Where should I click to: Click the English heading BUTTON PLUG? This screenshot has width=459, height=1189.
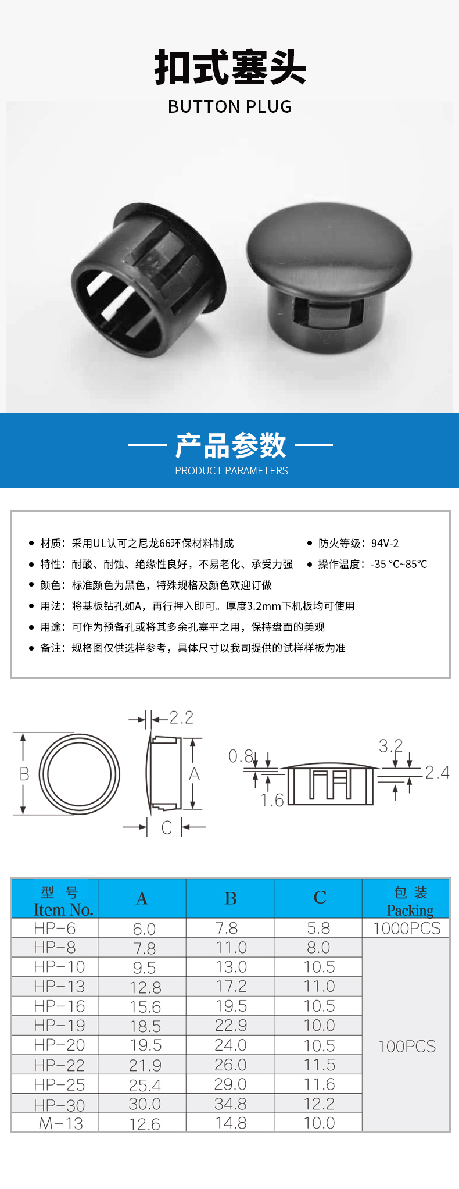pyautogui.click(x=229, y=106)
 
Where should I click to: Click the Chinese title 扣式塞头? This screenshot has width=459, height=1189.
pyautogui.click(x=230, y=67)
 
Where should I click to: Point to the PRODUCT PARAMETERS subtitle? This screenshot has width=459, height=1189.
pyautogui.click(x=231, y=470)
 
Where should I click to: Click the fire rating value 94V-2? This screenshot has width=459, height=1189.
pyautogui.click(x=385, y=543)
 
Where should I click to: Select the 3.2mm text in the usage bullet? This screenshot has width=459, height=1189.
pyautogui.click(x=264, y=606)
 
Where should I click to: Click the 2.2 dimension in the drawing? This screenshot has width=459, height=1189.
pyautogui.click(x=181, y=717)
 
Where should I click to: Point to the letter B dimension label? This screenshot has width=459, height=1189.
pyautogui.click(x=24, y=774)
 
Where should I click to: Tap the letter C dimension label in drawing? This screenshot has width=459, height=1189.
pyautogui.click(x=167, y=827)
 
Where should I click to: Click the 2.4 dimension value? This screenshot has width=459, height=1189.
pyautogui.click(x=437, y=772)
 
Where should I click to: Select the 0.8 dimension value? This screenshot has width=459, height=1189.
pyautogui.click(x=241, y=756)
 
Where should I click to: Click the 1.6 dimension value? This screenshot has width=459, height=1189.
pyautogui.click(x=272, y=800)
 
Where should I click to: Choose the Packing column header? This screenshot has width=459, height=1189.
pyautogui.click(x=410, y=910)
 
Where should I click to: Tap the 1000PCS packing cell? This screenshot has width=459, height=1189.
pyautogui.click(x=407, y=928)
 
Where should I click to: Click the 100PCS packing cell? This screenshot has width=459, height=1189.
pyautogui.click(x=407, y=1047)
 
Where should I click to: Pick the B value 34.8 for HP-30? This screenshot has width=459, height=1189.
pyautogui.click(x=231, y=1104)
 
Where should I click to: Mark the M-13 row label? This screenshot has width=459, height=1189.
pyautogui.click(x=61, y=1123)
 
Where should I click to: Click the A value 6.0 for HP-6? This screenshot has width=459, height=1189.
pyautogui.click(x=144, y=929)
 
